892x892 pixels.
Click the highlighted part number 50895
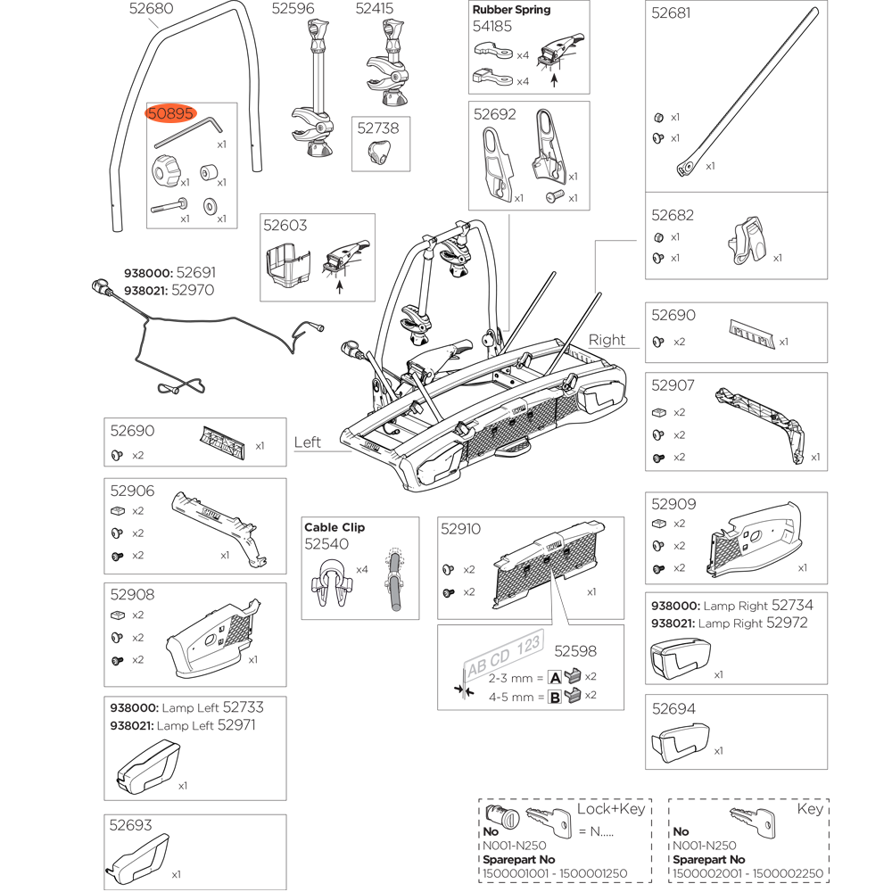169,114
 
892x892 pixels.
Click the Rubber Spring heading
511,10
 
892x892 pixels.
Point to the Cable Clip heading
334,527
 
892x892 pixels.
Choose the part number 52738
378,128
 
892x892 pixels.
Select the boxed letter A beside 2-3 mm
554,677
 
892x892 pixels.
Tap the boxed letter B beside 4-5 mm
554,697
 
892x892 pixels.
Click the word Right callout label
607,340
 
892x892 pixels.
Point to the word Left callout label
308,442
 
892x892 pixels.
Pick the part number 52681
671,13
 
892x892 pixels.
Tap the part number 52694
673,709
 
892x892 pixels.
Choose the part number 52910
460,529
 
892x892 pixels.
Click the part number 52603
285,226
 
